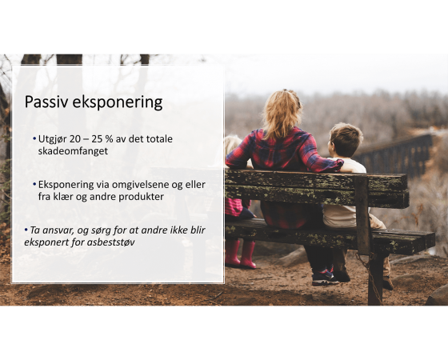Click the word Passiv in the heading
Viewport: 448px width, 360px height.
tap(46, 102)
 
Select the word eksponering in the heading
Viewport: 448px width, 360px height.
tap(118, 103)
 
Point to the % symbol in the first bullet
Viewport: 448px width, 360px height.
tap(110, 139)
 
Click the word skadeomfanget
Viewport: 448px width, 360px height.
tap(73, 151)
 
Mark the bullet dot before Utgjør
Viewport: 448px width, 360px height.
tap(34, 139)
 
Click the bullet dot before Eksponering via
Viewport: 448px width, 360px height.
tap(34, 185)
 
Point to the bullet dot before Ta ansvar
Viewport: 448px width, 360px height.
tap(26, 230)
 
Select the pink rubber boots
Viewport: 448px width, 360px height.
tap(240, 254)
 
